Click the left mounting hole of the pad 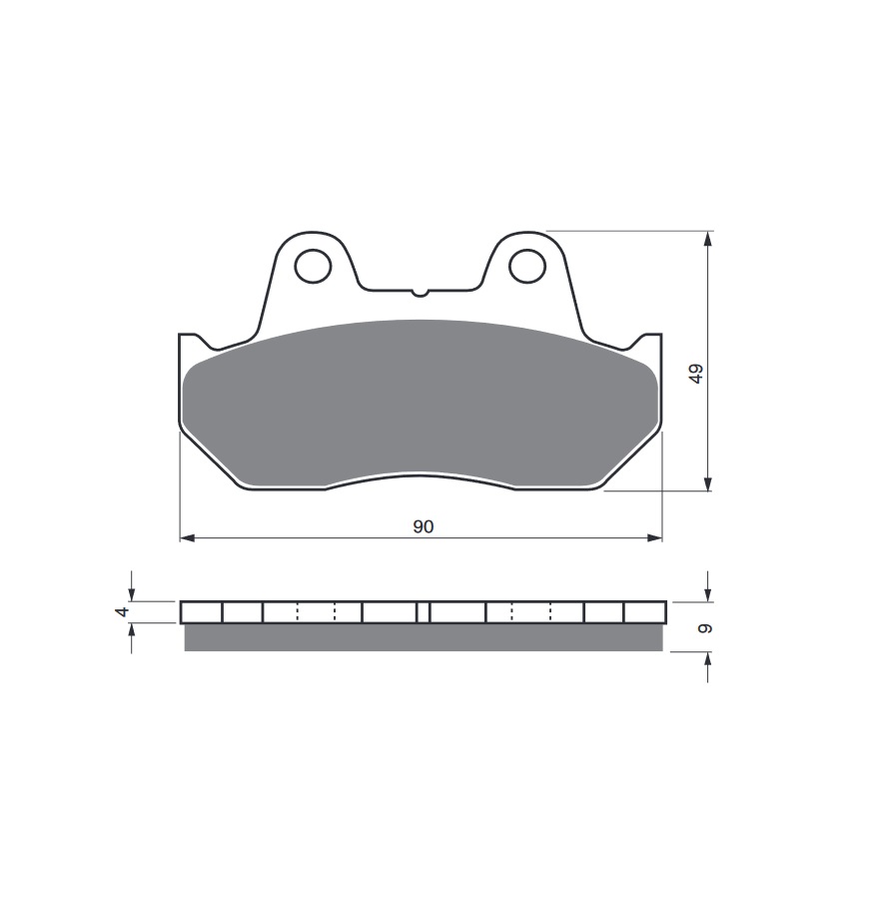click(314, 265)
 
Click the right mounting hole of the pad click(526, 265)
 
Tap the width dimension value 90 click(424, 526)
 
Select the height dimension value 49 click(696, 374)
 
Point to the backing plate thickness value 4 click(123, 611)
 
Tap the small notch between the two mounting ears click(420, 293)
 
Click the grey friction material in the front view click(420, 400)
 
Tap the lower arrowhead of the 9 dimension click(708, 658)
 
